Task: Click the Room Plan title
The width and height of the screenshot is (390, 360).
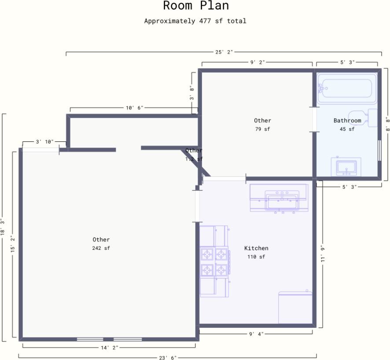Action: click(x=195, y=6)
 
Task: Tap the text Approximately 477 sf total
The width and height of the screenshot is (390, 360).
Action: click(x=195, y=21)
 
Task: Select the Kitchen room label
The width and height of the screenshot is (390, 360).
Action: click(x=256, y=248)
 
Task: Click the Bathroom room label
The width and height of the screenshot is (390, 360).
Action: click(x=347, y=120)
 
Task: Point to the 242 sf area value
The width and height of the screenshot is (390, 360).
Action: click(x=101, y=248)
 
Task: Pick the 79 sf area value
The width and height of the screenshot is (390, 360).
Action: click(x=262, y=129)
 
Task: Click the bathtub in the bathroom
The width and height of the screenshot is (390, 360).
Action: click(x=347, y=88)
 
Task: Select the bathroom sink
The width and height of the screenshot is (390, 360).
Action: click(x=346, y=167)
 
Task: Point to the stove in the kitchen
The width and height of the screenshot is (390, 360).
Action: click(x=214, y=261)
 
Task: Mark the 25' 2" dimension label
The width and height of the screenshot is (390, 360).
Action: click(x=224, y=52)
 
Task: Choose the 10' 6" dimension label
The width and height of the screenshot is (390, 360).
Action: click(x=134, y=108)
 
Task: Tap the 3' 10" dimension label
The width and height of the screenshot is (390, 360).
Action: click(x=44, y=142)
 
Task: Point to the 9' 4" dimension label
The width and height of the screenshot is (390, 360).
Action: click(x=256, y=334)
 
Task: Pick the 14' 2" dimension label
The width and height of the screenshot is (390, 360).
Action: click(x=109, y=348)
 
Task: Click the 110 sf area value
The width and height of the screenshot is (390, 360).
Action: click(x=256, y=257)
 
